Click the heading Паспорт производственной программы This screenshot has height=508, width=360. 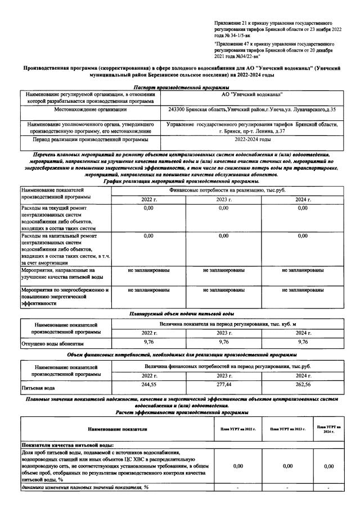point(181,87)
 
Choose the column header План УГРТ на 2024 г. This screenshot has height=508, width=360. point(329,429)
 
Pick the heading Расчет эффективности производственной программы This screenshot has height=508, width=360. point(181,412)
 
